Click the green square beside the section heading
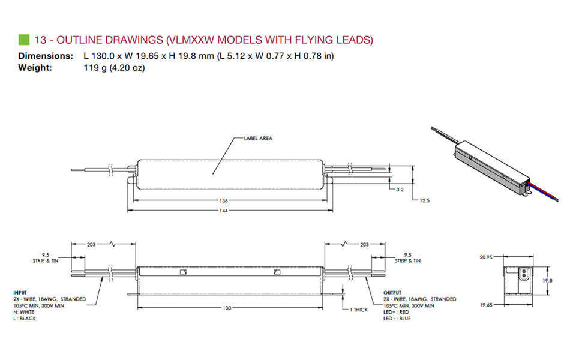click(x=24, y=40)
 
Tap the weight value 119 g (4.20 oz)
click(x=114, y=68)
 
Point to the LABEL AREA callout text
click(x=258, y=138)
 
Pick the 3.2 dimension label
click(x=400, y=189)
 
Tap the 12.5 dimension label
click(x=425, y=200)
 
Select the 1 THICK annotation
click(x=361, y=310)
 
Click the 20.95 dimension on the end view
click(x=486, y=257)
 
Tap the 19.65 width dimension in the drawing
click(x=486, y=305)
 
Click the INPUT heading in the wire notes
click(x=20, y=292)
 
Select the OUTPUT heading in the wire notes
click(x=394, y=292)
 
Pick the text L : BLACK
click(x=25, y=318)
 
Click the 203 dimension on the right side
click(x=365, y=245)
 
